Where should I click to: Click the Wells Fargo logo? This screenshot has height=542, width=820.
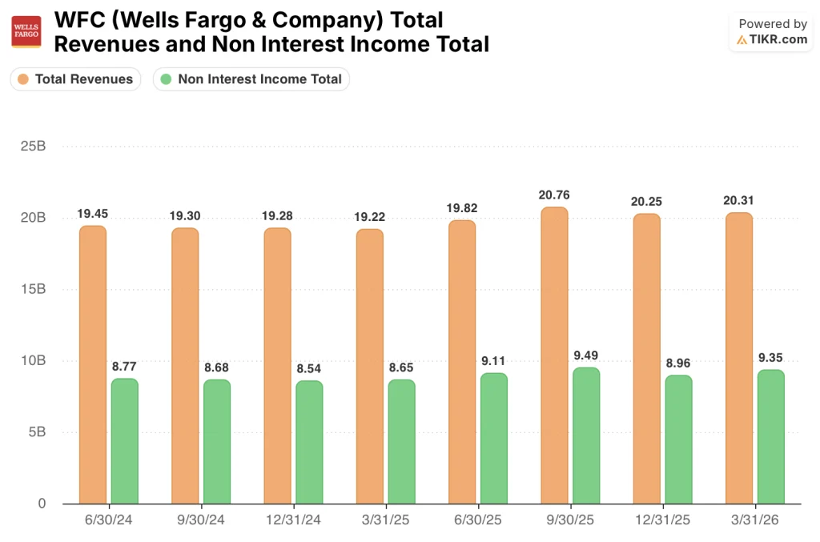pos(26,31)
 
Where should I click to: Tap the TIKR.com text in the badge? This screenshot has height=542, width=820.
pos(778,39)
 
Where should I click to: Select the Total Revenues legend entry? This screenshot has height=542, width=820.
pos(75,79)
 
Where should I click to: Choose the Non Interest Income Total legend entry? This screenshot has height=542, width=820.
pos(251,79)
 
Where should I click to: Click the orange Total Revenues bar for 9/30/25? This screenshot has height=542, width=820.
pos(553,355)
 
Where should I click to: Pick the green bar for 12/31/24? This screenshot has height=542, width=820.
pos(309,442)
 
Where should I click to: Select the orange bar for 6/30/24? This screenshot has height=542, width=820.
pos(93,364)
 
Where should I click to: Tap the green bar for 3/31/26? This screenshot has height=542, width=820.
pos(770,436)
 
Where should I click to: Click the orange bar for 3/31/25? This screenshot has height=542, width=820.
pos(369,366)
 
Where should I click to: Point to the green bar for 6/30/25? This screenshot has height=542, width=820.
pos(493,438)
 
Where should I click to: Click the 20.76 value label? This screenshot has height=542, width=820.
pos(554,195)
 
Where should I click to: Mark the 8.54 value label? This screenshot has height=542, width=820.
pos(309,368)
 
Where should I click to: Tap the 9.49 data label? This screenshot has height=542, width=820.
pos(585,355)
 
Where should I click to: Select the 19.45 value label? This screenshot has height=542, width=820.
pos(93,214)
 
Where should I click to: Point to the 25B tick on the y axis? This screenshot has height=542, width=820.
pos(33,147)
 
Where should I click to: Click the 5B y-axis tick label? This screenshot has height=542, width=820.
pos(36,432)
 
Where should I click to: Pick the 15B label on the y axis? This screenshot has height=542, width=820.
pos(33,290)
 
